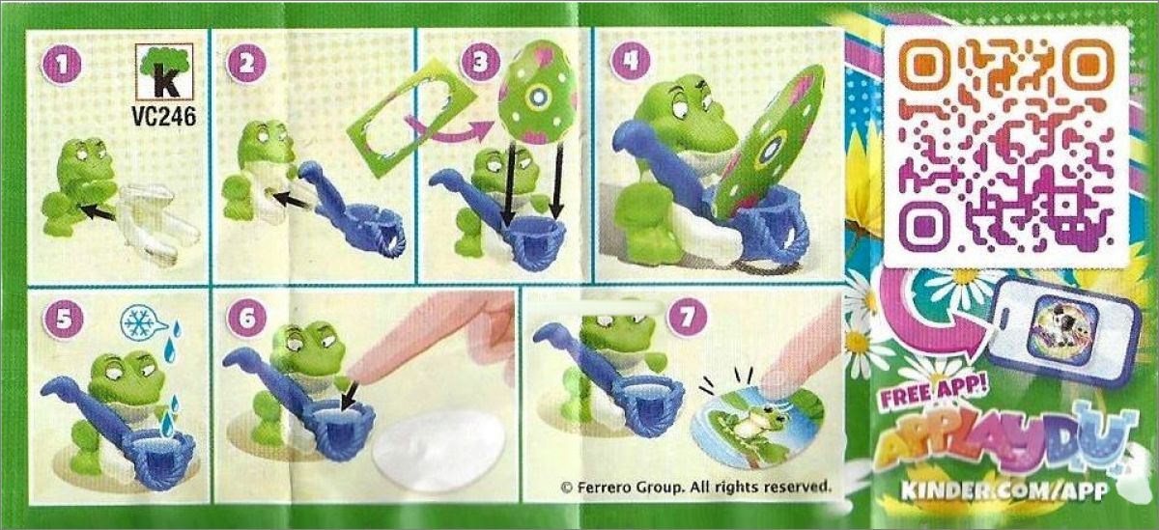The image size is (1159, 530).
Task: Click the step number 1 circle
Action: [x=62, y=65]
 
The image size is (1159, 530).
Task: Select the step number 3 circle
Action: [x=480, y=62]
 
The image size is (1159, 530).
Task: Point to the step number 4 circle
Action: [x=629, y=62]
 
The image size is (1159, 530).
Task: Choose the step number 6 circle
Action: [x=247, y=317]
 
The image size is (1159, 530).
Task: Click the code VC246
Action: [x=164, y=117]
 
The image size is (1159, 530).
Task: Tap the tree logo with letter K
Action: [x=164, y=70]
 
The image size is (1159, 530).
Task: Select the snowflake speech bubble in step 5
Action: [x=143, y=322]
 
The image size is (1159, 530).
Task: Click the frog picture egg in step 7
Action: [x=756, y=429]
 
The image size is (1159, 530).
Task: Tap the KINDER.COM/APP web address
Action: [x=1004, y=489]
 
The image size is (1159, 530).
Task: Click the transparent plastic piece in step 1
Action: [x=157, y=222]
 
